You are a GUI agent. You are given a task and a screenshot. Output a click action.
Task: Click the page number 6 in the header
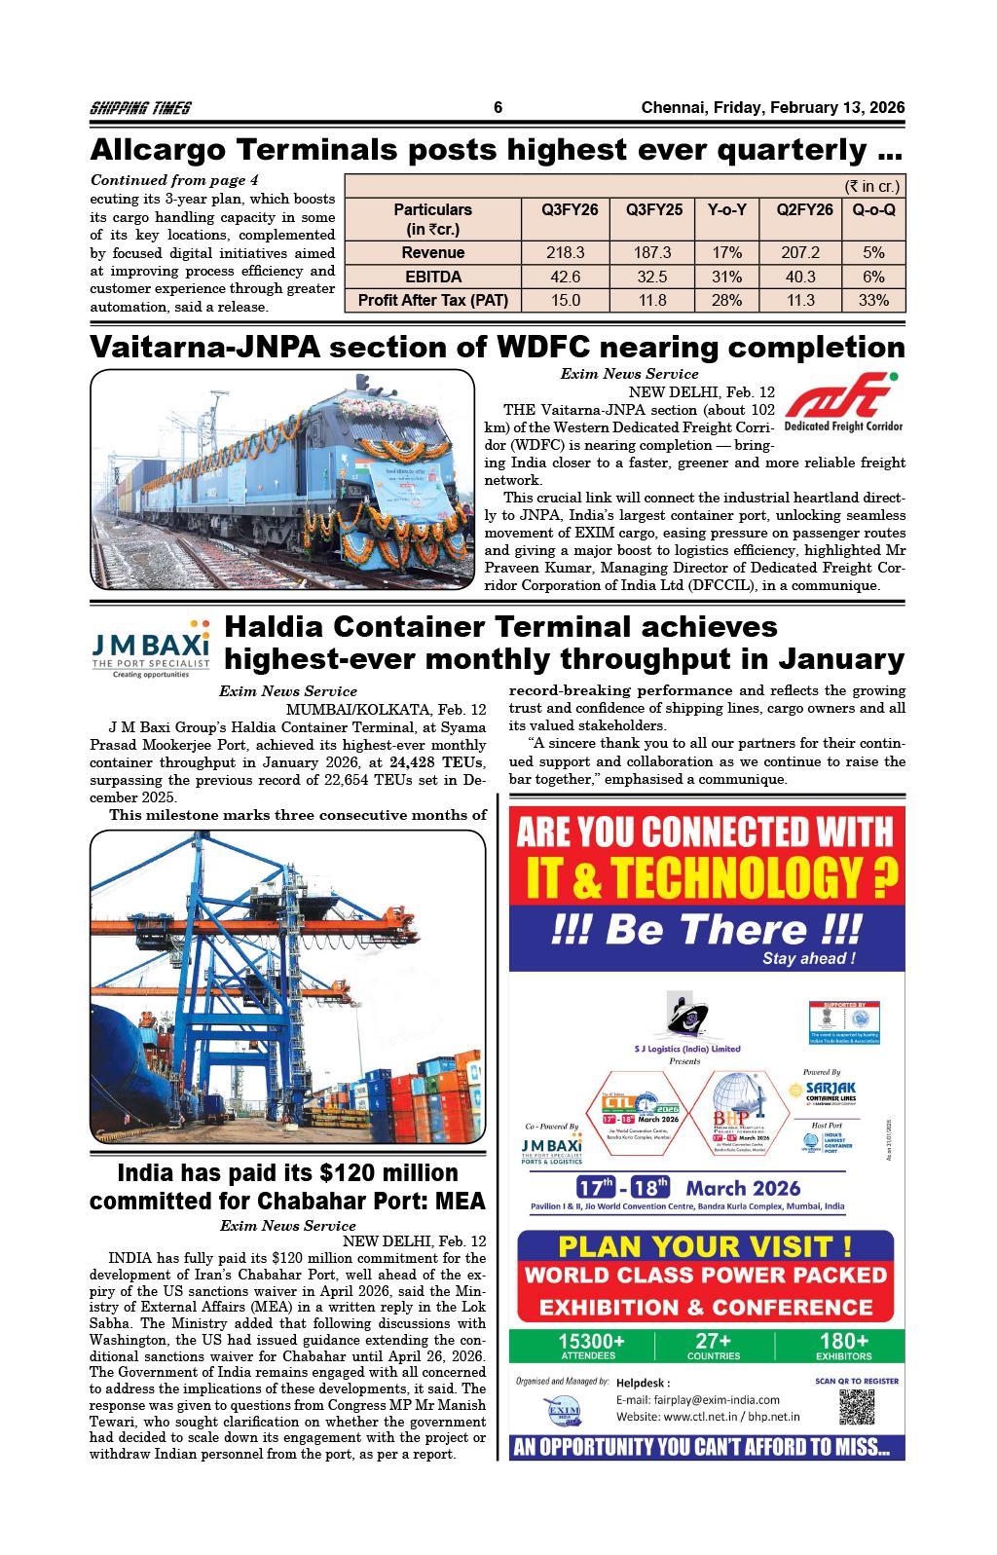(x=498, y=108)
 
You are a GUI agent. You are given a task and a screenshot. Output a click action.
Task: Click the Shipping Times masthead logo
(x=140, y=108)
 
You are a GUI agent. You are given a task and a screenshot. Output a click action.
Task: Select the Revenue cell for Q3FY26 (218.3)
(x=566, y=252)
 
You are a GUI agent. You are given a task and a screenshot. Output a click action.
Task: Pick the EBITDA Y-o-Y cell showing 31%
(x=726, y=277)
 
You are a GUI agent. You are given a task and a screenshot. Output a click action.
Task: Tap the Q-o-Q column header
(x=873, y=209)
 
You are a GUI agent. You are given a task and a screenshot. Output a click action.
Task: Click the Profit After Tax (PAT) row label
(x=433, y=300)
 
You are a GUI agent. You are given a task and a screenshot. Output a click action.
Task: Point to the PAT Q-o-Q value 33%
(x=873, y=300)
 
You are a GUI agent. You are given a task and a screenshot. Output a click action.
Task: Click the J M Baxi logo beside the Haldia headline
(x=150, y=645)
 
